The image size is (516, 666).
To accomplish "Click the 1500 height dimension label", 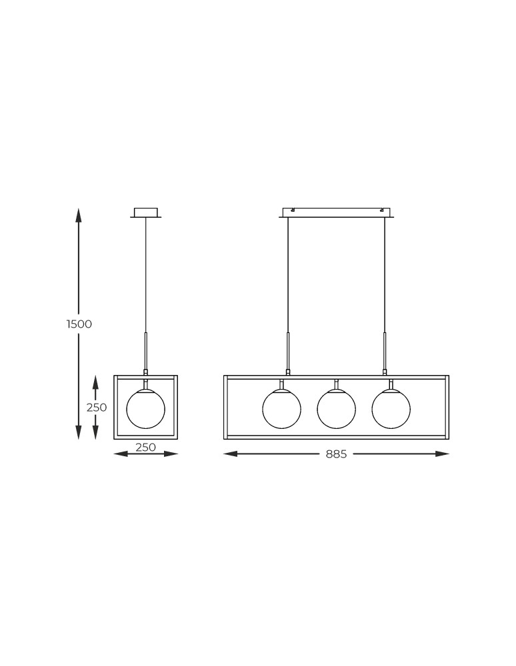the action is click(79, 324).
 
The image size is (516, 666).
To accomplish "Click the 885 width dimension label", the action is click(336, 454).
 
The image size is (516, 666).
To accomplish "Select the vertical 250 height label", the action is click(97, 408).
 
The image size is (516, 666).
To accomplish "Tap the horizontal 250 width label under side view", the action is click(146, 448).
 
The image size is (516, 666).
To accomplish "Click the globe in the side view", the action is click(146, 409).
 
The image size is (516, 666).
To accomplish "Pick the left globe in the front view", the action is click(282, 409).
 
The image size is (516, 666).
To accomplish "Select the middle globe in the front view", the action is click(336, 409).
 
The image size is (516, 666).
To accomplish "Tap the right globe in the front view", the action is click(391, 409).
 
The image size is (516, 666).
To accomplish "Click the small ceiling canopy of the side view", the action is click(146, 213).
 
